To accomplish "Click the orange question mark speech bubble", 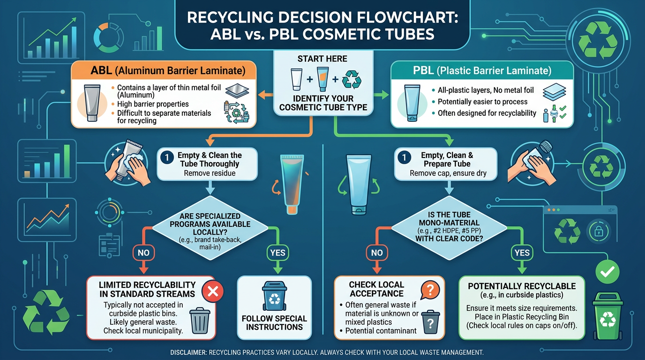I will pyautogui.click(x=429, y=290).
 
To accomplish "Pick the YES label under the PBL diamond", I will pyautogui.click(x=522, y=253).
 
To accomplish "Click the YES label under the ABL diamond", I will pyautogui.click(x=277, y=253).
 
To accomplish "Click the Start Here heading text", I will pyautogui.click(x=322, y=59).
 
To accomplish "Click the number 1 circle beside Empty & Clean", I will pyautogui.click(x=167, y=158).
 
